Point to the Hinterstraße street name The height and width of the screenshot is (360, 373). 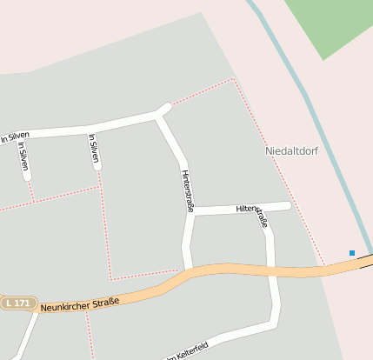click(x=187, y=191)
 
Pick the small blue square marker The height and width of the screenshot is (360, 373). click(x=352, y=253)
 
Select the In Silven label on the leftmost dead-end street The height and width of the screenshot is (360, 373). click(x=23, y=156)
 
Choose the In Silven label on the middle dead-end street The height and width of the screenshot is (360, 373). click(x=94, y=149)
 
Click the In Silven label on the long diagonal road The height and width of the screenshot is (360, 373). click(x=15, y=137)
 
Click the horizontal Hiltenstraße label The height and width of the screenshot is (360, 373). click(x=249, y=209)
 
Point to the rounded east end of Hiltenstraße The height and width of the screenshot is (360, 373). click(x=288, y=205)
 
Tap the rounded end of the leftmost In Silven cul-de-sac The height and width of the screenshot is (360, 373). click(x=28, y=177)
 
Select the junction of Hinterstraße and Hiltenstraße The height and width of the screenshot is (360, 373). click(x=190, y=211)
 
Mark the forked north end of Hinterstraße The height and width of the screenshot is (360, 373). click(x=163, y=110)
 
